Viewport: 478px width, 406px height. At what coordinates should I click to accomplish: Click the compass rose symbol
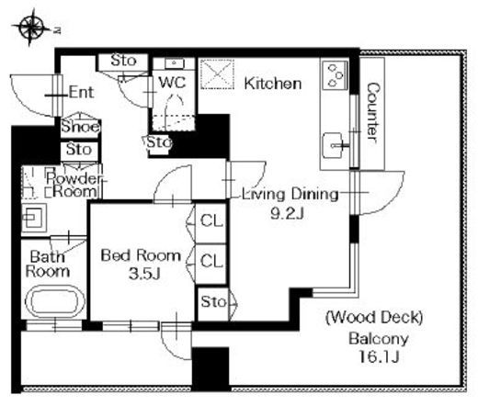(30, 28)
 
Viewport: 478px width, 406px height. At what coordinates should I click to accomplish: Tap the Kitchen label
(273, 84)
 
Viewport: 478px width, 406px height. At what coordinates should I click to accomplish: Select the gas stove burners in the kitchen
(336, 75)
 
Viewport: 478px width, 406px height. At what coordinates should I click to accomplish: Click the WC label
(173, 82)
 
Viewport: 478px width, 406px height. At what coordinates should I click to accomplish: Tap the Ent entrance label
(81, 92)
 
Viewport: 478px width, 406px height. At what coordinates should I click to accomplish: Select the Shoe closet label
(81, 127)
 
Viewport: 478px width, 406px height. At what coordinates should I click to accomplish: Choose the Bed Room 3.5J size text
(144, 274)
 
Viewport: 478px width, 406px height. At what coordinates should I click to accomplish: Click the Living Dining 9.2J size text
(287, 213)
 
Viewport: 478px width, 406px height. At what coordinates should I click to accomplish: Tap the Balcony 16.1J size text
(379, 356)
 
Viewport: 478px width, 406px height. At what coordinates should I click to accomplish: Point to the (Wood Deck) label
(374, 318)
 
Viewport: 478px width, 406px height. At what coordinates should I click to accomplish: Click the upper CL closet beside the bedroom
(211, 221)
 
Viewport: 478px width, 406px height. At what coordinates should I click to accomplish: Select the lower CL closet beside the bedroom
(211, 262)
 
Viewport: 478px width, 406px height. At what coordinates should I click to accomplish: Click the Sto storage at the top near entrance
(123, 61)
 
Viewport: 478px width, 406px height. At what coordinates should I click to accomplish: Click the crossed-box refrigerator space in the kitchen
(217, 74)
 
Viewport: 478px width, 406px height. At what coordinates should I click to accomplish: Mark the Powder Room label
(74, 185)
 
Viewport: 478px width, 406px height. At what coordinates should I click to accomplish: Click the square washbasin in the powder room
(34, 218)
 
